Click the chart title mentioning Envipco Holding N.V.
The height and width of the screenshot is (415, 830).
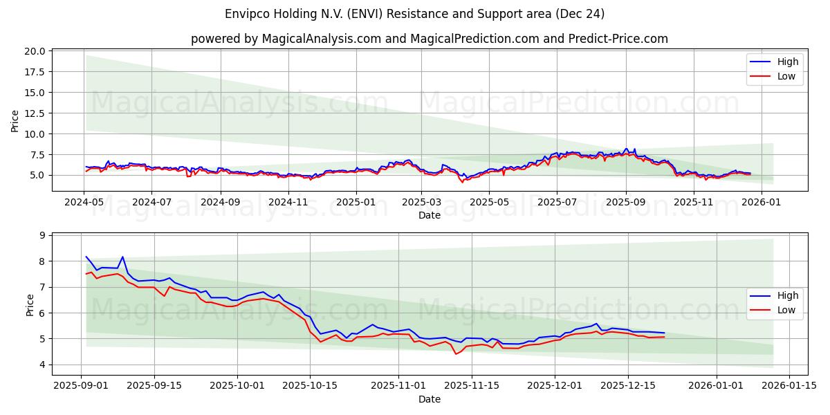coord(415,14)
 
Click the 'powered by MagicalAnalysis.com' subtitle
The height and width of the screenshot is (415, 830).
coord(429,39)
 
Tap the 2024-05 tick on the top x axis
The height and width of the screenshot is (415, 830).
coord(84,202)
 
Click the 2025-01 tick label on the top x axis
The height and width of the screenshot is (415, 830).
coord(356,202)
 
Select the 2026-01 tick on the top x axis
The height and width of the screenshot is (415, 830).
coord(762,202)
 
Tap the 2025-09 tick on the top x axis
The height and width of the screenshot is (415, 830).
coord(626,202)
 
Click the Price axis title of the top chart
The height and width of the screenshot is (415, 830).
coord(15,120)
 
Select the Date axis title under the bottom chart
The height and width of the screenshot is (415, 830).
coord(429,399)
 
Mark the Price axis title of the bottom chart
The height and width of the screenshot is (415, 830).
coord(30,305)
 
